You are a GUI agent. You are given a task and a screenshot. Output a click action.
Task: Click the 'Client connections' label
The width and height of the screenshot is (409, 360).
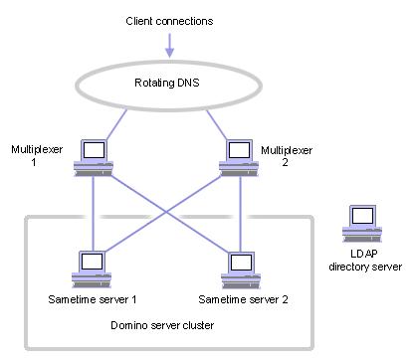(x=169, y=20)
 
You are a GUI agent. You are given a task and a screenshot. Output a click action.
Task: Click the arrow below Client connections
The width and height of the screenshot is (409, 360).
(x=169, y=45)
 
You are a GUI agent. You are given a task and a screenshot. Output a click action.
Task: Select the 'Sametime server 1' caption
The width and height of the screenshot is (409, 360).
(x=92, y=298)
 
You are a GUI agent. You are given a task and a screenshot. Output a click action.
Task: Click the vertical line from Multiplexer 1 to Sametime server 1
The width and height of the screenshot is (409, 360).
(x=92, y=214)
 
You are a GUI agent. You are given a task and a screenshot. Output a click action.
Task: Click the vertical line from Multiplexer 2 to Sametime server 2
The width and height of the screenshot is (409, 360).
(x=239, y=214)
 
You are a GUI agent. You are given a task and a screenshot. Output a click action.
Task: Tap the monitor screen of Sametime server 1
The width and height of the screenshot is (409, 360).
(x=93, y=262)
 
